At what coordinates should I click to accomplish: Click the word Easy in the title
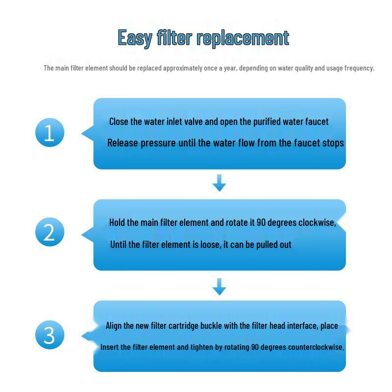[135, 38]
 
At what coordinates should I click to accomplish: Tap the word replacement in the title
[243, 38]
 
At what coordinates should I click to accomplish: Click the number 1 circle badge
[50, 132]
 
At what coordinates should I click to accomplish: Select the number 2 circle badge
[50, 232]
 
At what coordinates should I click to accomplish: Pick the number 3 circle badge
[50, 335]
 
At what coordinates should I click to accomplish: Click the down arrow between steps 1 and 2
[219, 183]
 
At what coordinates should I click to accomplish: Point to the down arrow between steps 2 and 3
[219, 287]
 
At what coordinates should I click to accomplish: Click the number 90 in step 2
[261, 222]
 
